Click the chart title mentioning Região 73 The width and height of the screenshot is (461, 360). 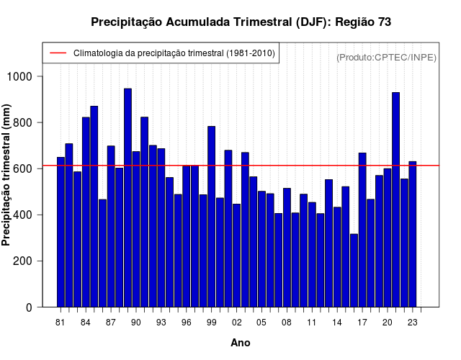[241, 22]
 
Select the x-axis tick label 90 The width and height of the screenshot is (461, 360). [135, 323]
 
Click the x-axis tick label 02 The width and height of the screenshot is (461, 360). [236, 323]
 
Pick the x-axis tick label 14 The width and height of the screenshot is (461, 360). [337, 323]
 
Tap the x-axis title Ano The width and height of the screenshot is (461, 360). [241, 343]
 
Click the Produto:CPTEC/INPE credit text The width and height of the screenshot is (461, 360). [386, 57]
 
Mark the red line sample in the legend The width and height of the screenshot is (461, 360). [58, 53]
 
